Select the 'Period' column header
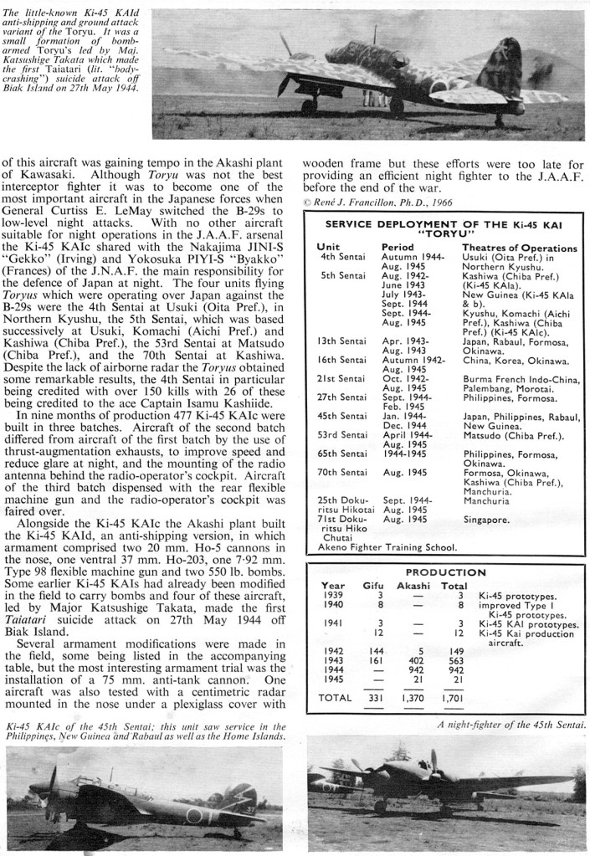pyautogui.click(x=398, y=248)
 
